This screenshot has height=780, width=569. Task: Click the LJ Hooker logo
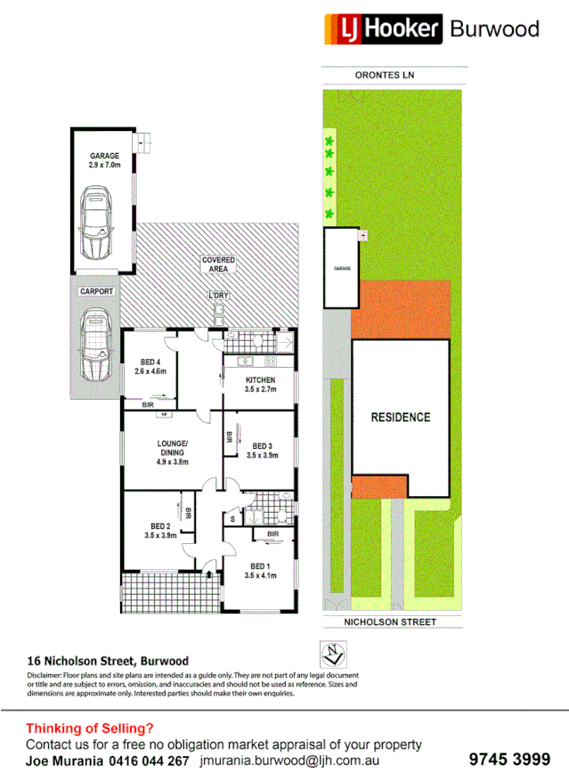(384, 28)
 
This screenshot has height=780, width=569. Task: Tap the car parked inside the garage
(94, 220)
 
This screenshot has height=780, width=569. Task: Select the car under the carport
(94, 344)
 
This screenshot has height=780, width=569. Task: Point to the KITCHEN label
(260, 386)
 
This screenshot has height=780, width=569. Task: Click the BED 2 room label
(160, 530)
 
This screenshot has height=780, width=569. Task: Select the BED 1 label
(260, 571)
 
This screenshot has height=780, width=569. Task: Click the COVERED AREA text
(217, 264)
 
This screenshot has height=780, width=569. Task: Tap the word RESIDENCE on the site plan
(400, 417)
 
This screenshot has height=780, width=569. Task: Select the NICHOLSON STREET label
(392, 622)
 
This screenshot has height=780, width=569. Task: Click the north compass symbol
(333, 655)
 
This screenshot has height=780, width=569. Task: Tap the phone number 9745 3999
(508, 760)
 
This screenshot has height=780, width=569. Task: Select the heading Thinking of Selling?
(89, 727)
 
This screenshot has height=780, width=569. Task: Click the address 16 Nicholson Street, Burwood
(108, 661)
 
